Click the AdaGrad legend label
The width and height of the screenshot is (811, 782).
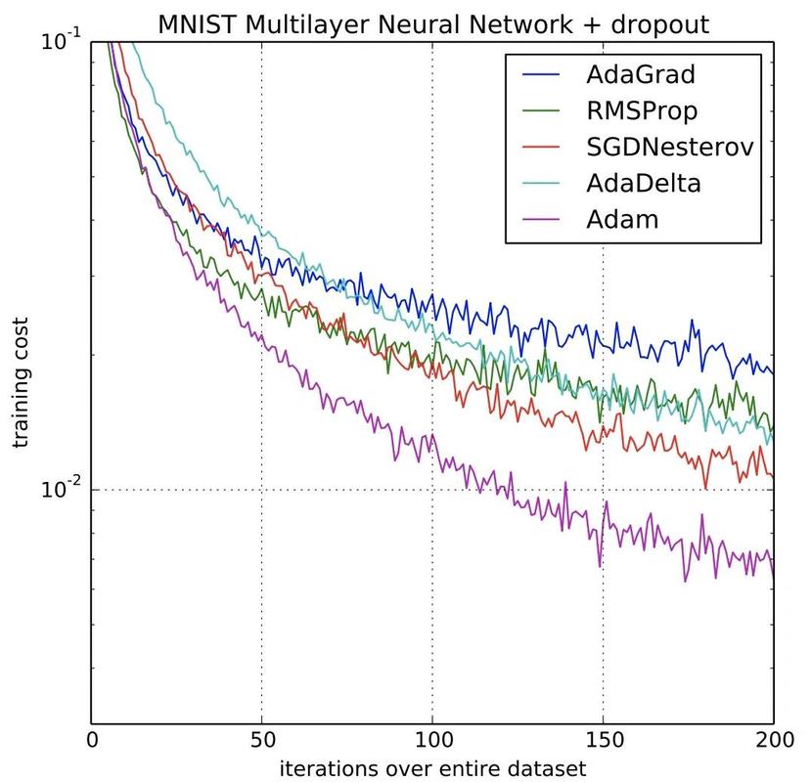click(x=641, y=75)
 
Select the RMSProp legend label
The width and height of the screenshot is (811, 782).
click(x=642, y=111)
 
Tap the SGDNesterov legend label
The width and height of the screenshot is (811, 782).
click(x=670, y=148)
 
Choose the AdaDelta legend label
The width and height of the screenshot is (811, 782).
click(x=644, y=184)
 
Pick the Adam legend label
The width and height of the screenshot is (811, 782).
click(x=622, y=220)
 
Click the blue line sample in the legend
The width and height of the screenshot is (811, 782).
click(x=541, y=75)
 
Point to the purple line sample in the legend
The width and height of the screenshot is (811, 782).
click(x=541, y=220)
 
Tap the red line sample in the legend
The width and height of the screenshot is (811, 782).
click(x=541, y=148)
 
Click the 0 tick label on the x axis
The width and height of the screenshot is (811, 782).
click(x=92, y=740)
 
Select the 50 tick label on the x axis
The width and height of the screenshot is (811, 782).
click(x=263, y=740)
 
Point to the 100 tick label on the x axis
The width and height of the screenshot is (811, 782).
click(x=433, y=740)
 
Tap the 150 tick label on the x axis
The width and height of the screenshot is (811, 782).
click(x=604, y=740)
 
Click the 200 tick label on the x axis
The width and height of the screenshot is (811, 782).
click(x=774, y=740)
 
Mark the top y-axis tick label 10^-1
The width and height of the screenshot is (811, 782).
click(x=61, y=40)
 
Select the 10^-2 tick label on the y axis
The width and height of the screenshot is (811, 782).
click(x=61, y=488)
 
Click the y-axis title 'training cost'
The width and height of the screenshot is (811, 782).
click(x=21, y=383)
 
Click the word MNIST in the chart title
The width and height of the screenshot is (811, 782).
click(x=198, y=24)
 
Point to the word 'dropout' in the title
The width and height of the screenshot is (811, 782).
click(x=660, y=25)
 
